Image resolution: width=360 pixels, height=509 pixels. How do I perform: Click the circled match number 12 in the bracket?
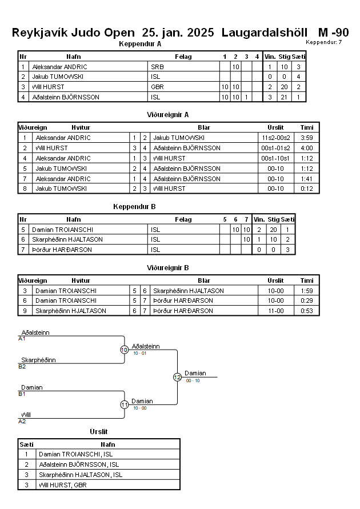(177, 377)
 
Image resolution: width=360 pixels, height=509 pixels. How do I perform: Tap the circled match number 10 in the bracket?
(125, 350)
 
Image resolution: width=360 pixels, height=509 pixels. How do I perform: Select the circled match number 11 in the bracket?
(125, 405)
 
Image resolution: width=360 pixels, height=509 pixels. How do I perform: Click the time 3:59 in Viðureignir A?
(307, 138)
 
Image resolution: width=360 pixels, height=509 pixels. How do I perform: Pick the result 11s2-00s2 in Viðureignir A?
(275, 138)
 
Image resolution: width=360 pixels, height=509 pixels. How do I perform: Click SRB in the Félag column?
(158, 67)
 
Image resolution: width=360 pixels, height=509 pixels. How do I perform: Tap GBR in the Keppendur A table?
(158, 87)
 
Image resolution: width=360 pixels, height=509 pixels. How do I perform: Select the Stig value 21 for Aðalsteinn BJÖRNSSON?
(284, 97)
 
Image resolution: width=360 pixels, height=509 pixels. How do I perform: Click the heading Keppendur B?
(134, 206)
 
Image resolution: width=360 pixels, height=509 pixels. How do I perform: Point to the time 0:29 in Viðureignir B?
(307, 300)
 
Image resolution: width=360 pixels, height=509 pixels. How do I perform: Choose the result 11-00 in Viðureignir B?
(275, 311)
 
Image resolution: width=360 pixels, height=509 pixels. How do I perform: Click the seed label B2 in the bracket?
(22, 367)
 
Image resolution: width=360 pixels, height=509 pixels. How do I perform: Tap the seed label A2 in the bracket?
(22, 422)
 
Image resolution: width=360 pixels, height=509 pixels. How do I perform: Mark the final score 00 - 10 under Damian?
(193, 380)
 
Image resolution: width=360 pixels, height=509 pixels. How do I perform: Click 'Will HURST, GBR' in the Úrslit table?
(63, 485)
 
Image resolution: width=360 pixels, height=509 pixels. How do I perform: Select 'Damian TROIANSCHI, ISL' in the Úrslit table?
(75, 454)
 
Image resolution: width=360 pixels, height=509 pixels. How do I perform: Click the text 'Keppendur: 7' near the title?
(323, 42)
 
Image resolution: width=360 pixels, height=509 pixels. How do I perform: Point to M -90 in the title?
(333, 33)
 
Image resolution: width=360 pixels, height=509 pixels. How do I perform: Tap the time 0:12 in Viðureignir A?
(307, 189)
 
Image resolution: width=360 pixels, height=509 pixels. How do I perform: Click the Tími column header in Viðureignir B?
(307, 280)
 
